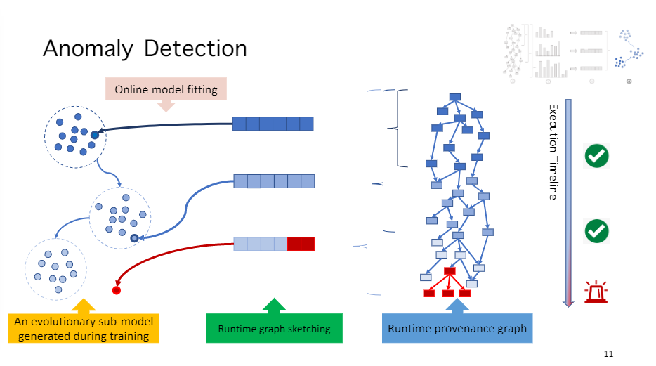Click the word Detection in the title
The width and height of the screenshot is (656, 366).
click(196, 48)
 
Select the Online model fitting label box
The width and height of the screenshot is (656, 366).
click(166, 89)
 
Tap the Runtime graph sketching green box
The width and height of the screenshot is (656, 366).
click(274, 328)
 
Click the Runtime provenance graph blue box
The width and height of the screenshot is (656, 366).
click(457, 328)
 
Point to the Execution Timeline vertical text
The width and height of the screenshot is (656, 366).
click(553, 152)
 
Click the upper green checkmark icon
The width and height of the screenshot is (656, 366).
click(596, 156)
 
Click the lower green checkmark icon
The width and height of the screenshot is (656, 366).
click(596, 230)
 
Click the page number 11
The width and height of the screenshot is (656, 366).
click(608, 353)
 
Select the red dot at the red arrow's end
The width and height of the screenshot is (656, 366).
click(117, 289)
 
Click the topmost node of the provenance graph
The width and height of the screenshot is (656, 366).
click(454, 96)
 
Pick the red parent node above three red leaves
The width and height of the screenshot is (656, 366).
click(450, 271)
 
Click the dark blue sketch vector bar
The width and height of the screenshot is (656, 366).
click(273, 124)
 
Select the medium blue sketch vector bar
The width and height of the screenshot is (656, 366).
click(274, 181)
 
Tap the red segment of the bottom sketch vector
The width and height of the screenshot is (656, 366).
click(301, 244)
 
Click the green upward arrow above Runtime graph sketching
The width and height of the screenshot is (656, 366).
click(274, 306)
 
